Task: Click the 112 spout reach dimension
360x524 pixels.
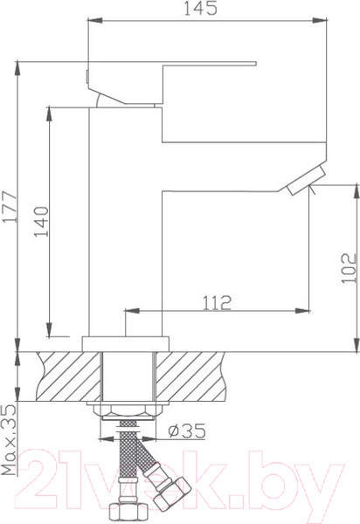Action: coord(216,302)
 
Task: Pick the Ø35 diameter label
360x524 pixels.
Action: coord(186,430)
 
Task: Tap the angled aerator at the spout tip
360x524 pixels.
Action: coord(302,183)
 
